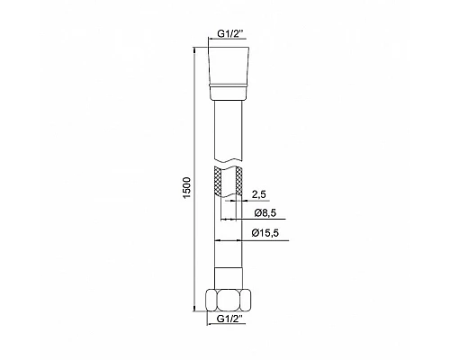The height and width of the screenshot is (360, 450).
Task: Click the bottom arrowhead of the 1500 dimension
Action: point(194,331)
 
